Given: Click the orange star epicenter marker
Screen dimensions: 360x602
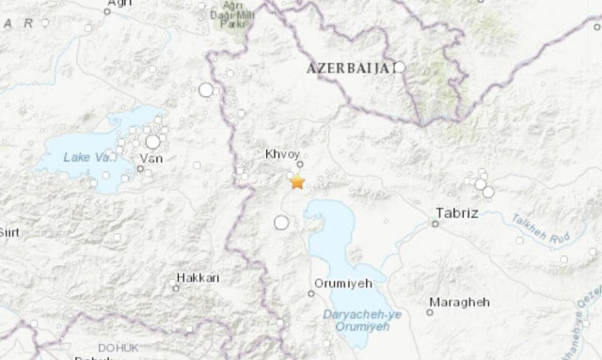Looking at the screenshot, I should [x=297, y=182].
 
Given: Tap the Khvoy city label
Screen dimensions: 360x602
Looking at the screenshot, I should [x=283, y=150].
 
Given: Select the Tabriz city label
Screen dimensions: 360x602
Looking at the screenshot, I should [x=457, y=212].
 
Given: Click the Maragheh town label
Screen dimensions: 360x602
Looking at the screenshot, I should [x=458, y=302].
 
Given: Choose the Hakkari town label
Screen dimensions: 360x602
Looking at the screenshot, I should [x=197, y=278].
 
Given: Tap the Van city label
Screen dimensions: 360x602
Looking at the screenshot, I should [x=150, y=159].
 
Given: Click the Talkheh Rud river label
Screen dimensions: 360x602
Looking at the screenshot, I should [x=534, y=226].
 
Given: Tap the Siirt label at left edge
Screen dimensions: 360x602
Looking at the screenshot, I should [x=9, y=231].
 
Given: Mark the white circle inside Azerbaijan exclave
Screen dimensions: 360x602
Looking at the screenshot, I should [x=399, y=67].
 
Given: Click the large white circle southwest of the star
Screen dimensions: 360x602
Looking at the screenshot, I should [x=280, y=223].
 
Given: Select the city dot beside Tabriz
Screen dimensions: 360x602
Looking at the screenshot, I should [x=436, y=224].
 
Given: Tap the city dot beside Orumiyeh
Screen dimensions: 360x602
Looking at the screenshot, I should [x=311, y=293].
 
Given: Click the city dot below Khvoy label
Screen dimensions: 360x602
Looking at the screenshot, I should [x=300, y=164].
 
